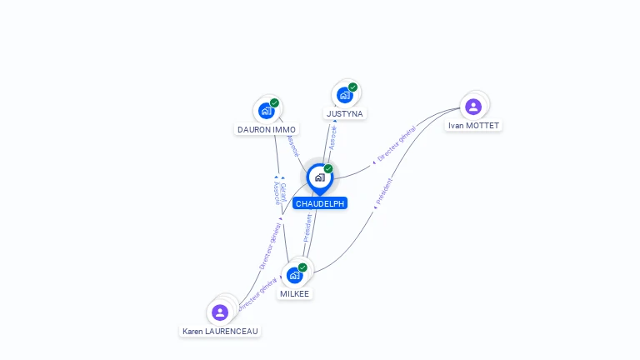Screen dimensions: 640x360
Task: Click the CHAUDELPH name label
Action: pyautogui.click(x=319, y=203)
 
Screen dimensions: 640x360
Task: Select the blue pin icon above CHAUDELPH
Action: pyautogui.click(x=319, y=177)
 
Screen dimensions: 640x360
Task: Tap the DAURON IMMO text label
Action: pyautogui.click(x=267, y=129)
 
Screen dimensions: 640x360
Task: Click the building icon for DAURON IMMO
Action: pyautogui.click(x=267, y=110)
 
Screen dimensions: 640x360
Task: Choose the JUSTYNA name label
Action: pyautogui.click(x=345, y=113)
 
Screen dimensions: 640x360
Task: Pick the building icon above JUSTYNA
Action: pyautogui.click(x=345, y=94)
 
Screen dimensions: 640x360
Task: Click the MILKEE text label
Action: pyautogui.click(x=294, y=293)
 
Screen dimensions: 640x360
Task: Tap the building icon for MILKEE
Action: pyautogui.click(x=294, y=275)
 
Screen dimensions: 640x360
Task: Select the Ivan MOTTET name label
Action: pyautogui.click(x=473, y=126)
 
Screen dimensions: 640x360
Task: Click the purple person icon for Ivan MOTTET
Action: pyautogui.click(x=473, y=107)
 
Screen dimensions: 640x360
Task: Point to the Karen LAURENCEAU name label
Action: pyautogui.click(x=221, y=331)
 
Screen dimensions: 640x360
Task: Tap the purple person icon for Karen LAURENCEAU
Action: pyautogui.click(x=220, y=312)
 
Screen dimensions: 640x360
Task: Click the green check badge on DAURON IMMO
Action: pyautogui.click(x=274, y=103)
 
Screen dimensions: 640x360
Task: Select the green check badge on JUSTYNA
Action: pyautogui.click(x=352, y=87)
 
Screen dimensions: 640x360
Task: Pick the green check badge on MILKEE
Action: pyautogui.click(x=302, y=267)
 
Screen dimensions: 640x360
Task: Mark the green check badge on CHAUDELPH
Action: pyautogui.click(x=328, y=169)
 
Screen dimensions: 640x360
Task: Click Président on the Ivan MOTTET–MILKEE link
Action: pyautogui.click(x=384, y=192)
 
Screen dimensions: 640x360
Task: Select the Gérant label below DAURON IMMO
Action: pyautogui.click(x=283, y=192)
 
